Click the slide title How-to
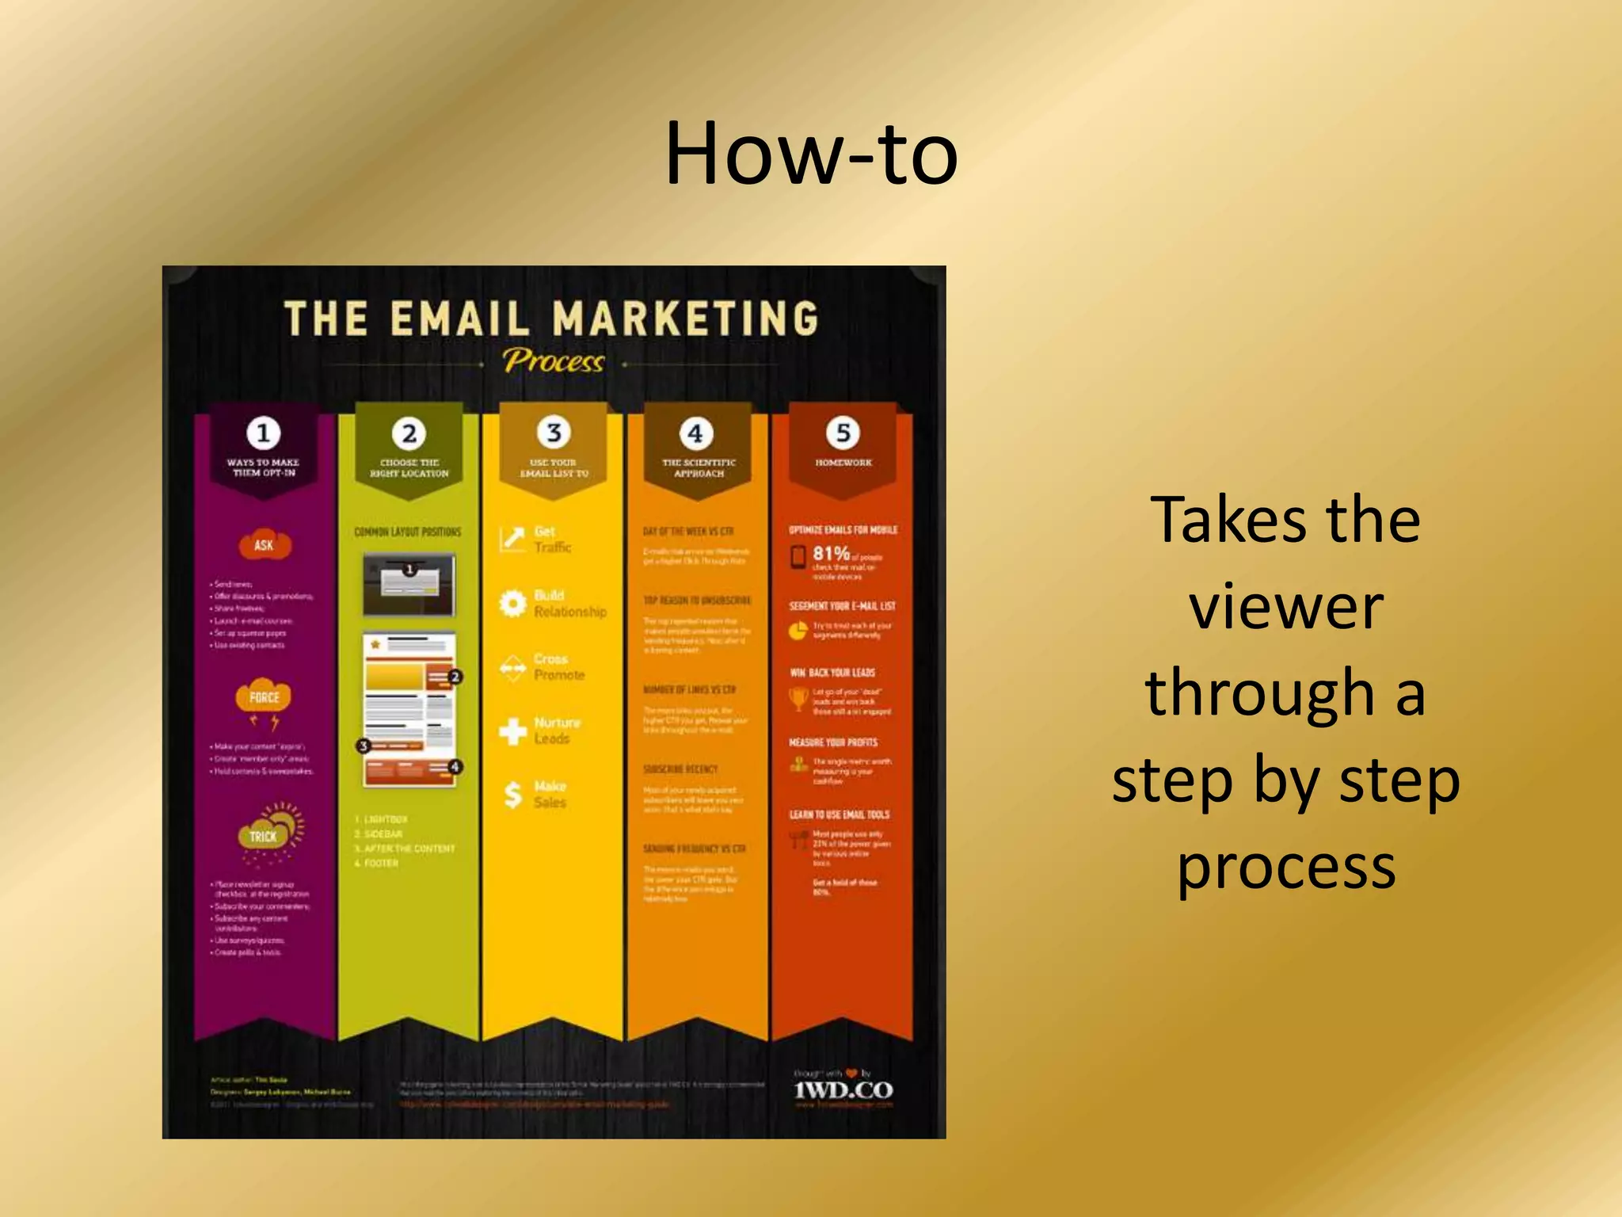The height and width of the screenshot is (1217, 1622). (811, 154)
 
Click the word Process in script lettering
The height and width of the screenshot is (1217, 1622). (553, 361)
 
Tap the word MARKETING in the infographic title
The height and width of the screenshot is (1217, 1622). (685, 319)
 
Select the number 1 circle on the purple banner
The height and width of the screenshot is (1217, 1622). (263, 433)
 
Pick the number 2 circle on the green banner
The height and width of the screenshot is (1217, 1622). (409, 433)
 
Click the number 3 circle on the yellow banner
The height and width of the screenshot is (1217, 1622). (554, 433)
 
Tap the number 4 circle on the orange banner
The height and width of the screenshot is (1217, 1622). (696, 433)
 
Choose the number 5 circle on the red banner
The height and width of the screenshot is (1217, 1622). (843, 433)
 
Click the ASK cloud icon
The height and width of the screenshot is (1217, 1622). (265, 544)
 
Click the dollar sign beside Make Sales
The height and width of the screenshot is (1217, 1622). (513, 795)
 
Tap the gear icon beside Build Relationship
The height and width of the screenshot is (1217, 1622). (512, 604)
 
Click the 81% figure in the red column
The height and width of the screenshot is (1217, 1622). (831, 553)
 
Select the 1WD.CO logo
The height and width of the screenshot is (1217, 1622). (843, 1090)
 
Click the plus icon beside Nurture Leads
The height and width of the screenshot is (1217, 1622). (512, 731)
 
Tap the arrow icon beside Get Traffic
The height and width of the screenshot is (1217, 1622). (512, 539)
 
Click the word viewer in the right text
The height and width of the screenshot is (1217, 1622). (1285, 607)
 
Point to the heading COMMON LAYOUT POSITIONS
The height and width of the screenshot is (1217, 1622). (408, 532)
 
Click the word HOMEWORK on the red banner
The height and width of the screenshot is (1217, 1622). (843, 463)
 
